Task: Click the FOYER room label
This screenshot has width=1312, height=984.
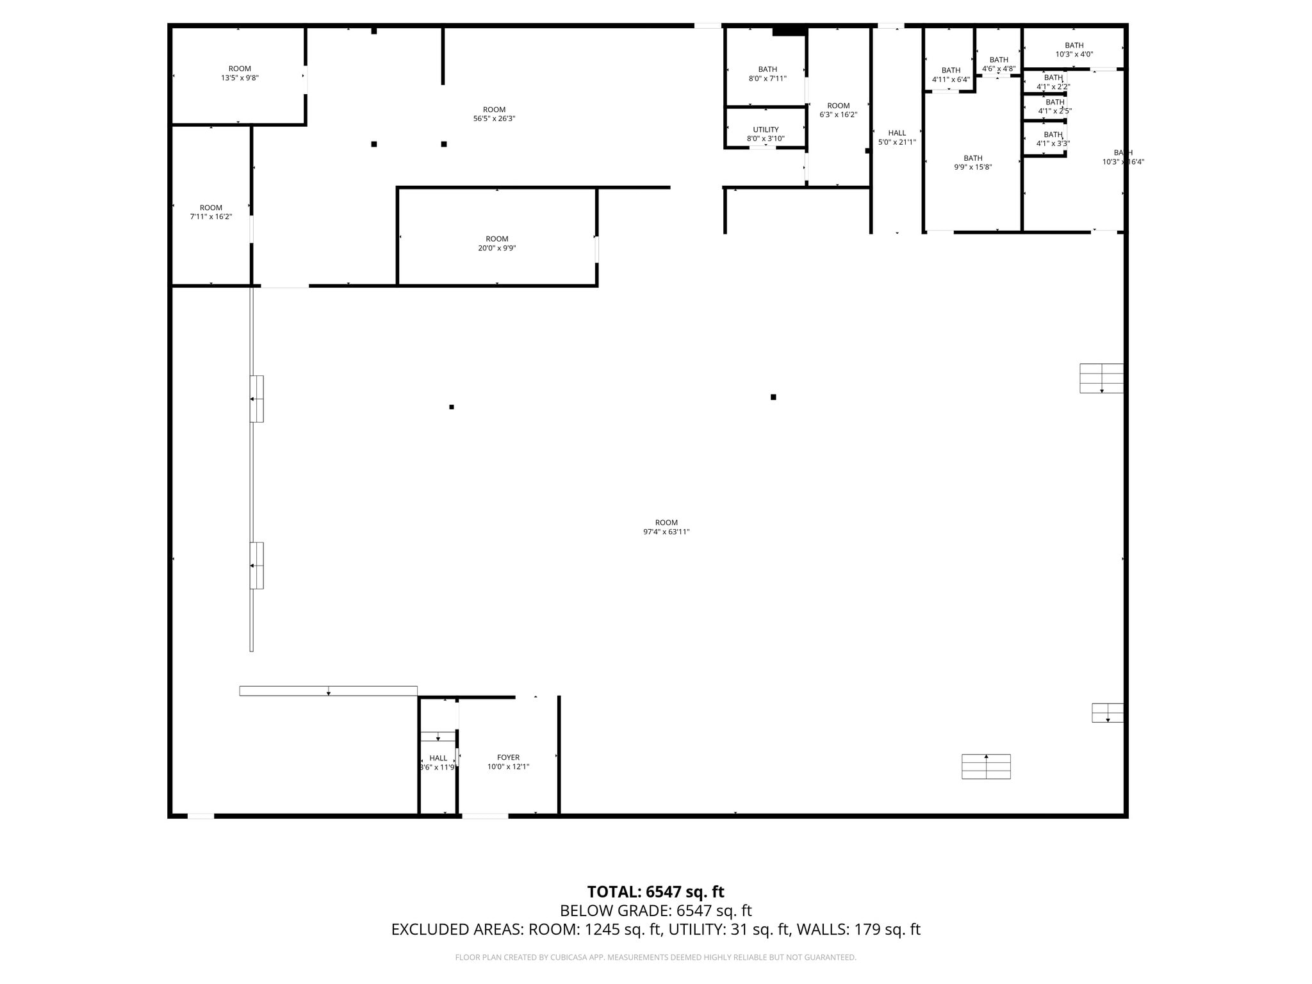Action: (x=508, y=757)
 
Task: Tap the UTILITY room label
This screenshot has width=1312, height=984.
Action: (x=766, y=129)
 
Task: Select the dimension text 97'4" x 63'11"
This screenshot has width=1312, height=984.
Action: (x=666, y=532)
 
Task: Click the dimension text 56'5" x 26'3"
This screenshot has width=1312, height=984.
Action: (x=494, y=119)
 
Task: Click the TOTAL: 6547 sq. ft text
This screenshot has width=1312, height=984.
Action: (x=655, y=892)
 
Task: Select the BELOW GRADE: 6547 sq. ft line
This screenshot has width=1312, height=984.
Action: (x=655, y=910)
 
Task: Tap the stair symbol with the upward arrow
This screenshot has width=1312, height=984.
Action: (x=986, y=766)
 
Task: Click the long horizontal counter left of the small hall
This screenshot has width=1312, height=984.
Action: (x=328, y=691)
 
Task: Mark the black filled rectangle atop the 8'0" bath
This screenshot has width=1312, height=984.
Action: (x=789, y=31)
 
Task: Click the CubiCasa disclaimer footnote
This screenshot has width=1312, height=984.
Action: (x=655, y=957)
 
